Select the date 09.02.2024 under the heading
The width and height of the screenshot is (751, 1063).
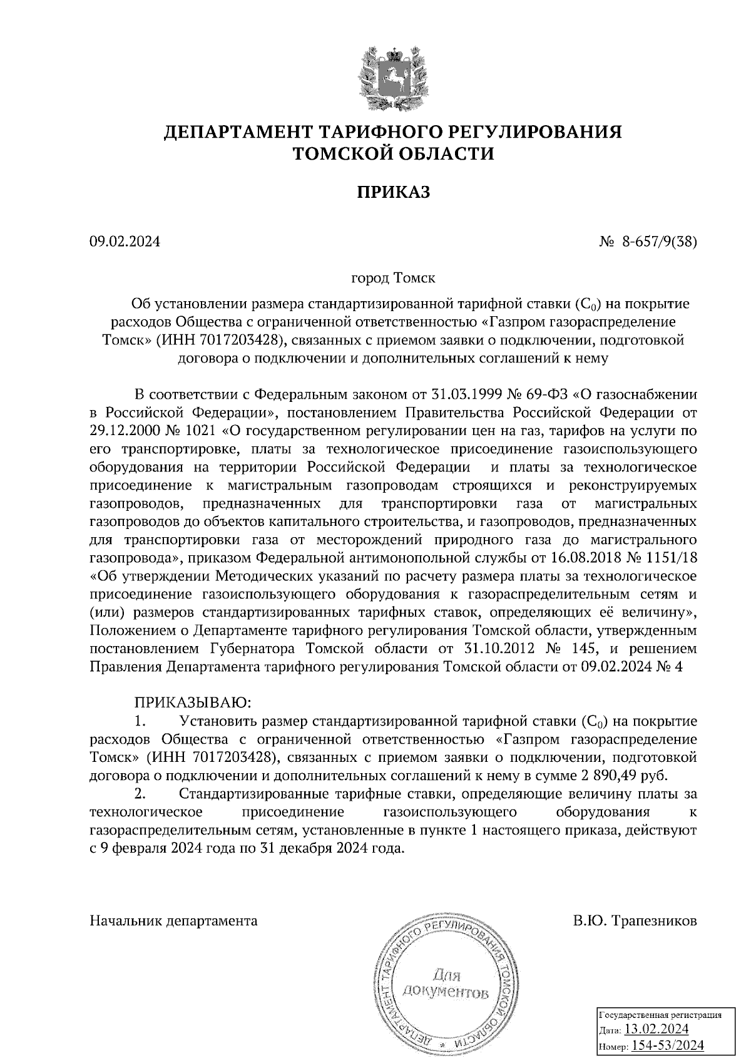(125, 242)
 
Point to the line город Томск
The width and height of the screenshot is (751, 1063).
(393, 276)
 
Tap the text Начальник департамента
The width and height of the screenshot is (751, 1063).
(174, 921)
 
